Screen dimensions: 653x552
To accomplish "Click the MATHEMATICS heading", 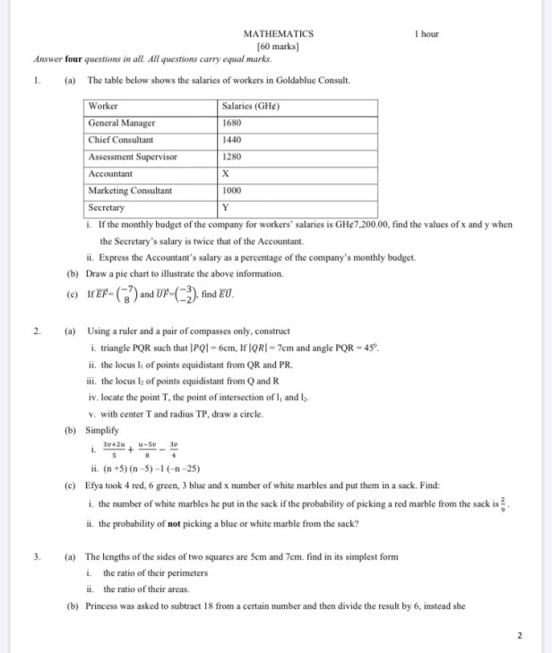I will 279,34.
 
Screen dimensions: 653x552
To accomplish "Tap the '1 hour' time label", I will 427,34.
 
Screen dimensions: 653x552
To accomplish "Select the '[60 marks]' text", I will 278,46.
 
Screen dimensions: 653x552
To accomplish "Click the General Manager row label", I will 122,124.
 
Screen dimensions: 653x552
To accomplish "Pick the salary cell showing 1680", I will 232,124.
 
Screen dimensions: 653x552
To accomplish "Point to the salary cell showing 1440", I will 232,141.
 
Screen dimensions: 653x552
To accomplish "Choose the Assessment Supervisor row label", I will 133,157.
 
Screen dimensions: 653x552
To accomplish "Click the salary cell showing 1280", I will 232,157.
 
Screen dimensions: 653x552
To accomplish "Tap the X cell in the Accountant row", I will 225,174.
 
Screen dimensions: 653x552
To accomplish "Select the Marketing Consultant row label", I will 130,191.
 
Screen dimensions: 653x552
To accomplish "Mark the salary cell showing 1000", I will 232,191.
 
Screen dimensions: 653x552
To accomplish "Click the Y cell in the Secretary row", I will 225,207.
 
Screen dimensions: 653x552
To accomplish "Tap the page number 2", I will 519,637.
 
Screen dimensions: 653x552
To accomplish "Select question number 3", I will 37,557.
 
